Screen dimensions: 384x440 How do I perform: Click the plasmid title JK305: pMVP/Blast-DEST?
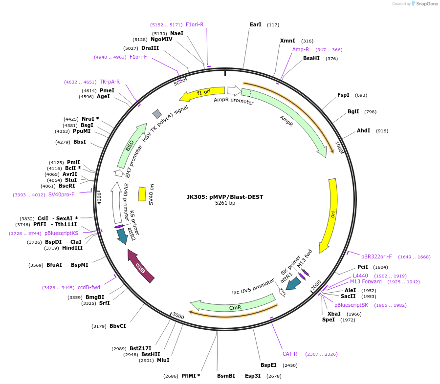pyautogui.click(x=224, y=197)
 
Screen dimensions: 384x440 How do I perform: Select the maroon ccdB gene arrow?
pyautogui.click(x=141, y=266)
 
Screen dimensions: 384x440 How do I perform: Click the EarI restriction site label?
pyautogui.click(x=255, y=24)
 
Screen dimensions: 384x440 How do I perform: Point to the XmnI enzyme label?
pyautogui.click(x=287, y=41)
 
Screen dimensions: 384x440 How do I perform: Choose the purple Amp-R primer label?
pyautogui.click(x=301, y=49)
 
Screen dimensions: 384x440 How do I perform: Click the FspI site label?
pyautogui.click(x=343, y=95)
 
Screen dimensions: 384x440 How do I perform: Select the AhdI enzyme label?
pyautogui.click(x=363, y=130)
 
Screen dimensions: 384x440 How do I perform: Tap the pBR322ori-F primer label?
pyautogui.click(x=376, y=256)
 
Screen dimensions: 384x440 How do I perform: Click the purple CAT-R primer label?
pyautogui.click(x=290, y=354)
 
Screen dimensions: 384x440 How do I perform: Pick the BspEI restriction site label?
pyautogui.click(x=268, y=365)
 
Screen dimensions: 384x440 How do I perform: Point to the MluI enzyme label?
pyautogui.click(x=163, y=360)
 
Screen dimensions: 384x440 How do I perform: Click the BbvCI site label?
pyautogui.click(x=117, y=326)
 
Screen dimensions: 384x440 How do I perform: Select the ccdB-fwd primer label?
pyautogui.click(x=89, y=288)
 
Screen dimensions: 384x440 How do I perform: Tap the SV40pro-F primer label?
pyautogui.click(x=61, y=194)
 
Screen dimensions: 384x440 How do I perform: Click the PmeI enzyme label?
pyautogui.click(x=107, y=90)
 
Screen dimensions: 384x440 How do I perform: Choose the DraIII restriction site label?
pyautogui.click(x=150, y=48)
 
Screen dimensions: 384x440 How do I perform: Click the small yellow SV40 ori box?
pyautogui.click(x=142, y=194)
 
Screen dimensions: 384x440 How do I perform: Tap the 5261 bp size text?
pyautogui.click(x=225, y=203)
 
